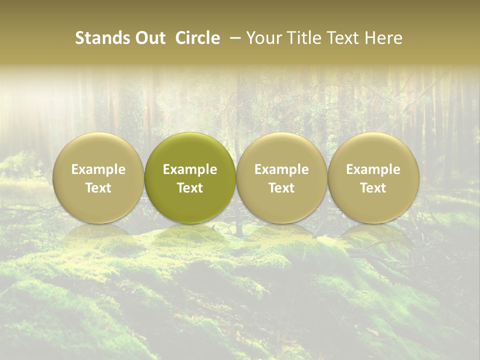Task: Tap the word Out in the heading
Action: pyautogui.click(x=149, y=38)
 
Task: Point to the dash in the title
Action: pyautogui.click(x=234, y=38)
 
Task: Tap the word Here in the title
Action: pyautogui.click(x=382, y=38)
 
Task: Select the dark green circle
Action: pyautogui.click(x=190, y=205)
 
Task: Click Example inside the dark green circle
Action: pyautogui.click(x=190, y=169)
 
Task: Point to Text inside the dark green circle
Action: pyautogui.click(x=190, y=188)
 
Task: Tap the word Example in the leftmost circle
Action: pyautogui.click(x=98, y=169)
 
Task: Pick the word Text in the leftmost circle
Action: pyautogui.click(x=98, y=188)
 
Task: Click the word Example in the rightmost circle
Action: pyautogui.click(x=373, y=169)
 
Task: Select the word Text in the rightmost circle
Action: pyautogui.click(x=373, y=188)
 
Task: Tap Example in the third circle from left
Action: pyautogui.click(x=281, y=169)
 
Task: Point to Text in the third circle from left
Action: pyautogui.click(x=281, y=188)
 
